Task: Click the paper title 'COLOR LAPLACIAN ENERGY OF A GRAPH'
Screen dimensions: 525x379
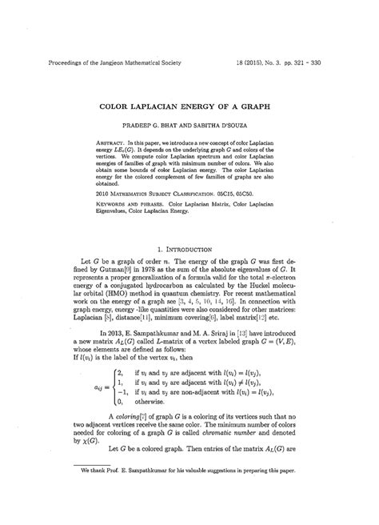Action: pyautogui.click(x=189, y=106)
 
